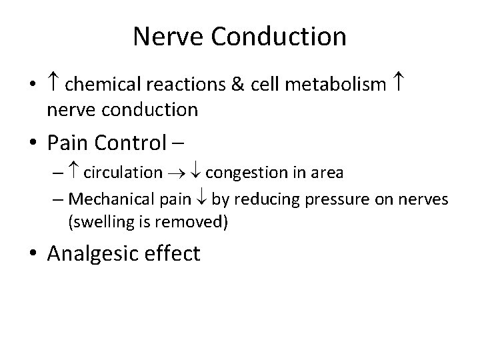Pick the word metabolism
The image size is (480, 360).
335,85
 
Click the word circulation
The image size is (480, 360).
123,173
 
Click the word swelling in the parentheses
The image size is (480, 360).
96,222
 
